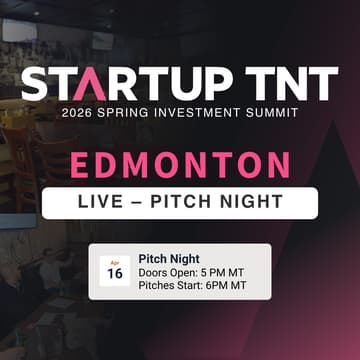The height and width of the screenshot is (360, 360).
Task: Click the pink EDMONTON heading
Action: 181,164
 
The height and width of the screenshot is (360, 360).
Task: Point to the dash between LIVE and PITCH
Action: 143,202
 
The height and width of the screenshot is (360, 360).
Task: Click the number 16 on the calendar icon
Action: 115,274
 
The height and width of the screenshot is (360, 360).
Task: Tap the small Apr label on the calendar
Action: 114,262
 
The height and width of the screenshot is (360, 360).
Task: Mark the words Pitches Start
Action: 168,286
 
